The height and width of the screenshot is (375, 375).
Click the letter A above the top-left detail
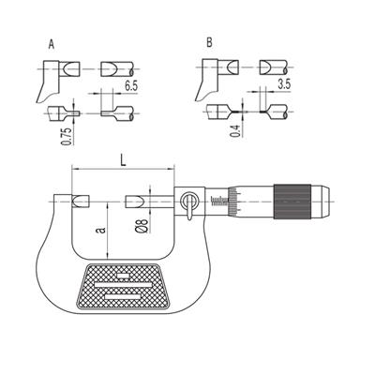click(52, 44)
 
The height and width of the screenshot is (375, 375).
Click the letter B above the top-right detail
click(209, 42)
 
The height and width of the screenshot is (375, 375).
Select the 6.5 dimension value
click(131, 86)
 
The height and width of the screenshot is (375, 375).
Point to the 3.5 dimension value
click(284, 84)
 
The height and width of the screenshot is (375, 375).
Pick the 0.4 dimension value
click(235, 131)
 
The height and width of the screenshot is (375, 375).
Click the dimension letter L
click(123, 160)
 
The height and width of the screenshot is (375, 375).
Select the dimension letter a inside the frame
click(101, 231)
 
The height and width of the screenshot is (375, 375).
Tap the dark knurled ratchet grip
click(292, 202)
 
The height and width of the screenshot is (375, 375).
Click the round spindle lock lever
click(189, 203)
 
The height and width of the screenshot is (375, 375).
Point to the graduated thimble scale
click(233, 202)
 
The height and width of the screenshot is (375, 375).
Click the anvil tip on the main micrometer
click(81, 202)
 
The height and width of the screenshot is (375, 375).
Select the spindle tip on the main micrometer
click(134, 202)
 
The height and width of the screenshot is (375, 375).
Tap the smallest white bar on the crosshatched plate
click(123, 276)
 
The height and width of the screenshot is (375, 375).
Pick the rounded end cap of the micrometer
click(321, 202)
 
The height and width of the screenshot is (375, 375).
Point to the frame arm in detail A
click(49, 82)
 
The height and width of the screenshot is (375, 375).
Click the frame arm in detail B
click(207, 80)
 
